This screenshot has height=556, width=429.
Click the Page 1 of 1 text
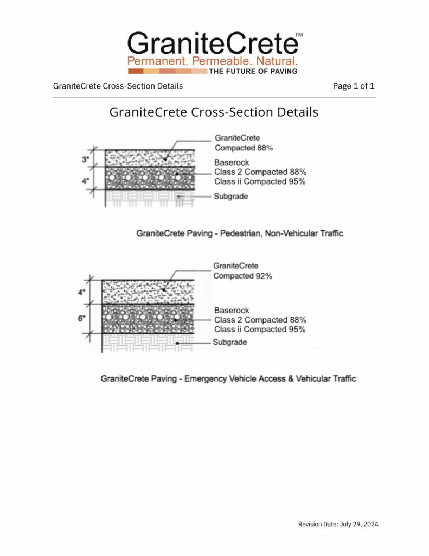click(354, 86)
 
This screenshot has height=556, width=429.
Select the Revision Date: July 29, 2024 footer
click(338, 524)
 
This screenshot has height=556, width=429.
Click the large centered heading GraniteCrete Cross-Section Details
click(214, 112)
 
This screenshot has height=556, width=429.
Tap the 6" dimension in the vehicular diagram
click(82, 319)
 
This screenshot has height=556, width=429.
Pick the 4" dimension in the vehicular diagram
click(82, 292)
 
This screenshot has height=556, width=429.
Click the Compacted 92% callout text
click(242, 276)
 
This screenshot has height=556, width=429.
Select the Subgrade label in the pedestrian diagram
click(230, 196)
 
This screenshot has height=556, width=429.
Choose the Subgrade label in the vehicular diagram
click(229, 342)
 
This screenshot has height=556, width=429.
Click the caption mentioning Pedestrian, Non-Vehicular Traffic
click(240, 233)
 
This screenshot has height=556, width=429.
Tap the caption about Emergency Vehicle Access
click(228, 378)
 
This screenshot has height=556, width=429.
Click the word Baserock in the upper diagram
click(232, 162)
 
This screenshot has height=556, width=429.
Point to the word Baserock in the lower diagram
click(232, 310)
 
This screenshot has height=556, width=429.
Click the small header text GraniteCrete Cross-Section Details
click(118, 86)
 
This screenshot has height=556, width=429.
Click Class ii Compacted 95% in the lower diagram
click(260, 329)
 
